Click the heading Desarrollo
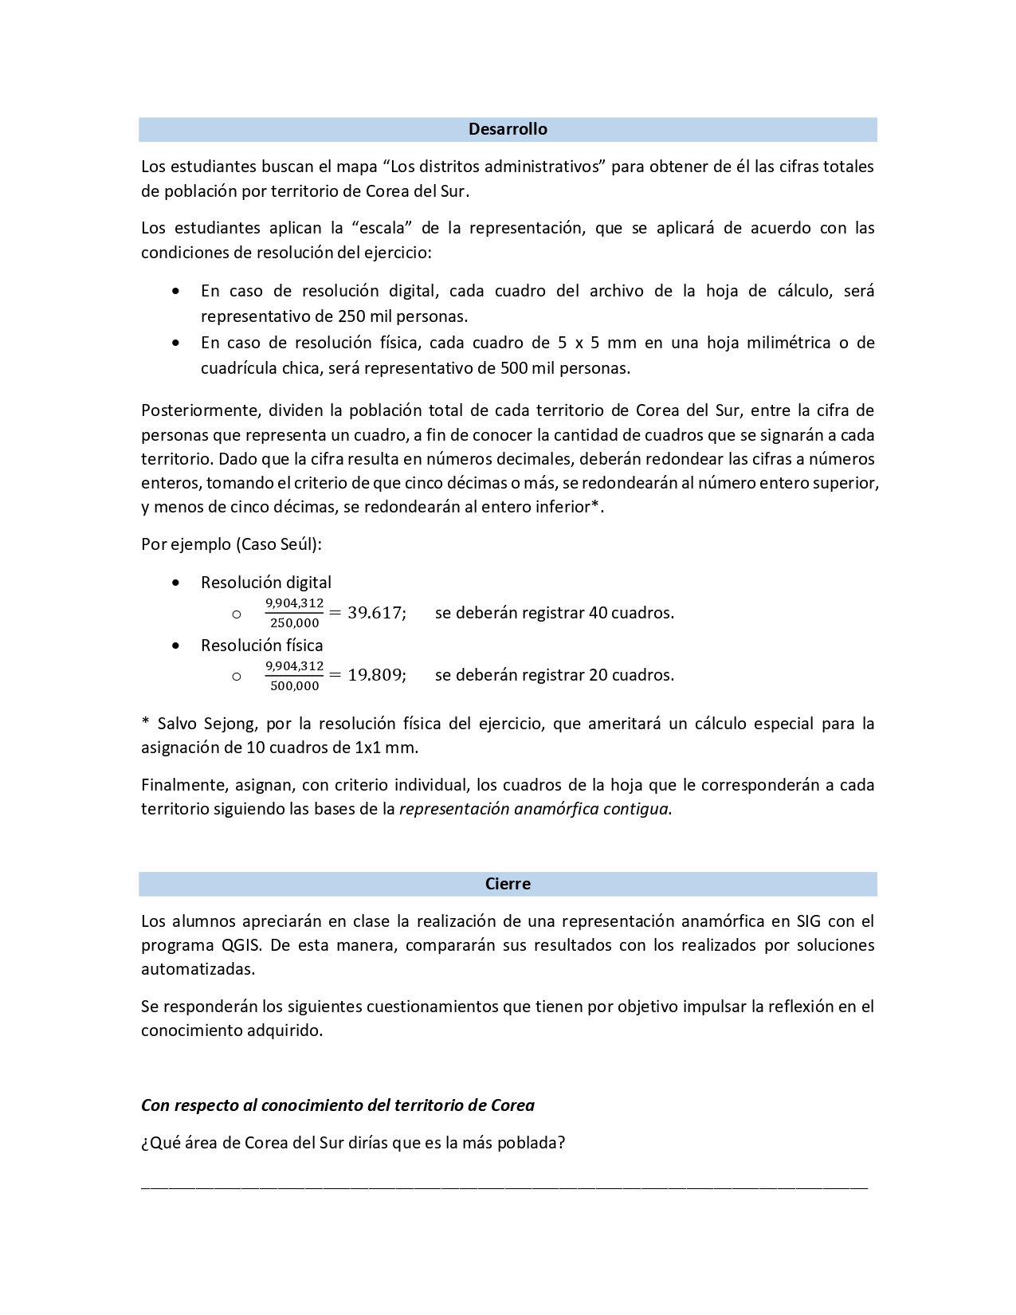click(x=508, y=129)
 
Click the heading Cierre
click(x=508, y=884)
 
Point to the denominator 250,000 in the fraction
click(x=294, y=623)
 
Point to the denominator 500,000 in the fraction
click(x=294, y=685)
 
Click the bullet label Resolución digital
click(x=266, y=583)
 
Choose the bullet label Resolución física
click(x=262, y=645)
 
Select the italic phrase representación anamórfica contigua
click(x=534, y=809)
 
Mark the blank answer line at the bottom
click(x=504, y=1187)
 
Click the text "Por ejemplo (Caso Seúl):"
click(x=232, y=544)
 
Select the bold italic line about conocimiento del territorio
click(x=338, y=1105)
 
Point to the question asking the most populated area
click(x=353, y=1143)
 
